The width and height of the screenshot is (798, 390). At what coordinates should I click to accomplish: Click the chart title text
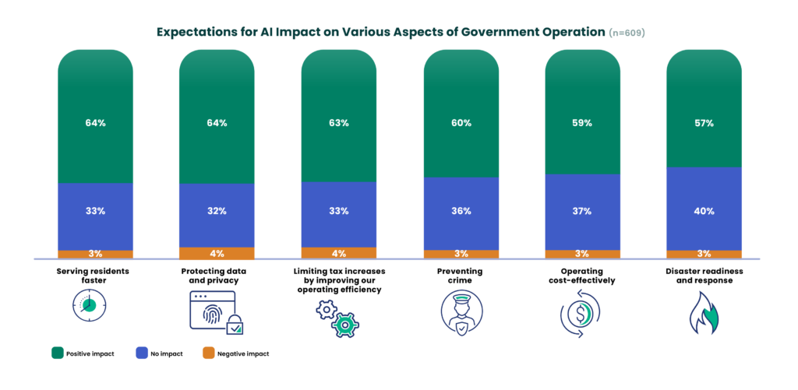381,33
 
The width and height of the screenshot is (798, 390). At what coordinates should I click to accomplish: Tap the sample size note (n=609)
627,33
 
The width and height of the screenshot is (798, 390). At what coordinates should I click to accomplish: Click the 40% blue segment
704,209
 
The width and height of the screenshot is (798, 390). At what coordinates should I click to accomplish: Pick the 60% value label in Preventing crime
461,123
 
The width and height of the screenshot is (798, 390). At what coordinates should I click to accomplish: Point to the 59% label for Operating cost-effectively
583,123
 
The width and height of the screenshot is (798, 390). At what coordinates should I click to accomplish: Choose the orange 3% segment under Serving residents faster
95,254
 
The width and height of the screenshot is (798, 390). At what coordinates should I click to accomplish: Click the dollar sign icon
581,312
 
